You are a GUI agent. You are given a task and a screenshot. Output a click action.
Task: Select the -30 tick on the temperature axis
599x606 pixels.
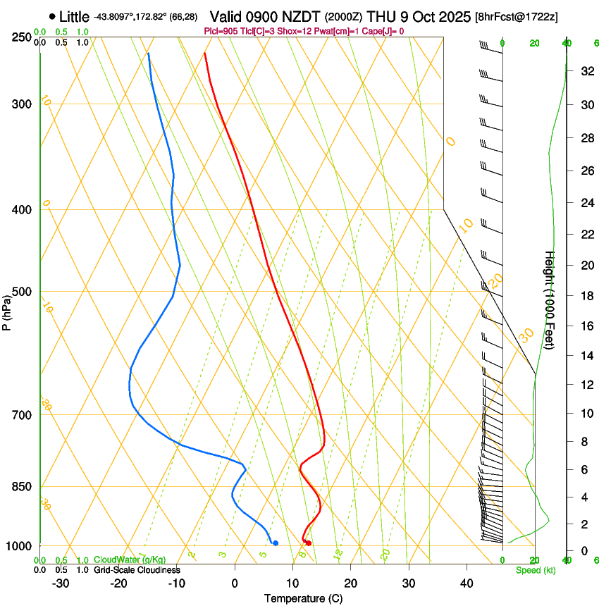[x=61, y=583]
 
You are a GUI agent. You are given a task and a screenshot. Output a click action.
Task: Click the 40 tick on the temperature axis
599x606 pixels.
[x=467, y=583]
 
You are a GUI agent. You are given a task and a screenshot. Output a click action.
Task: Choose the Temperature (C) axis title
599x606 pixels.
[x=303, y=598]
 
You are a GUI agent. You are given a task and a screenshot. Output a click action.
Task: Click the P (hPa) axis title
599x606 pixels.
[x=8, y=309]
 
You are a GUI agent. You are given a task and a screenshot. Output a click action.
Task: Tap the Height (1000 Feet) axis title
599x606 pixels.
[x=549, y=299]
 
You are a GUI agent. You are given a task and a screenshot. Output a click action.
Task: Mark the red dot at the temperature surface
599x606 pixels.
[x=309, y=543]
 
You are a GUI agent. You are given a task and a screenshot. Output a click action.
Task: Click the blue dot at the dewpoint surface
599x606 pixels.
[x=276, y=543]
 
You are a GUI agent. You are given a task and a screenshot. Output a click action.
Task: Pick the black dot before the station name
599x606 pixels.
[x=53, y=16]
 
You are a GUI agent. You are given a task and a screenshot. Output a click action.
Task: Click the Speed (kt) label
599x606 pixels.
[x=535, y=570]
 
